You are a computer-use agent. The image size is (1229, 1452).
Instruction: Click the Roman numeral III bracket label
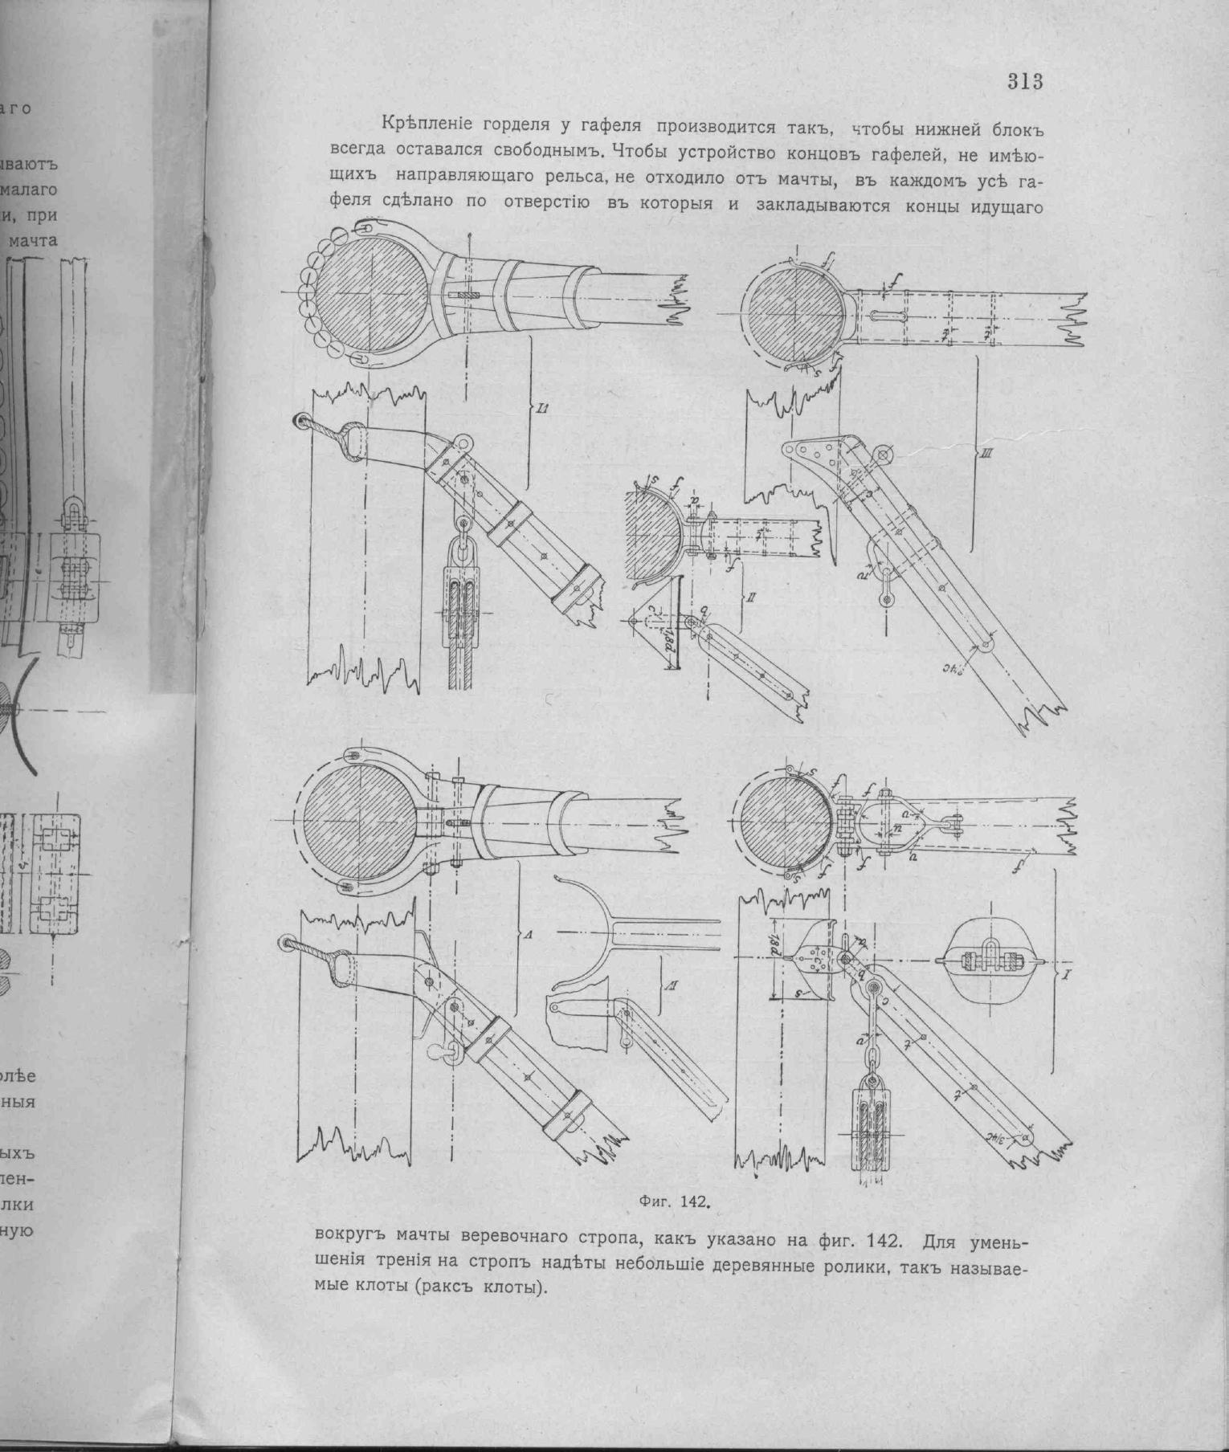click(x=986, y=455)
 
